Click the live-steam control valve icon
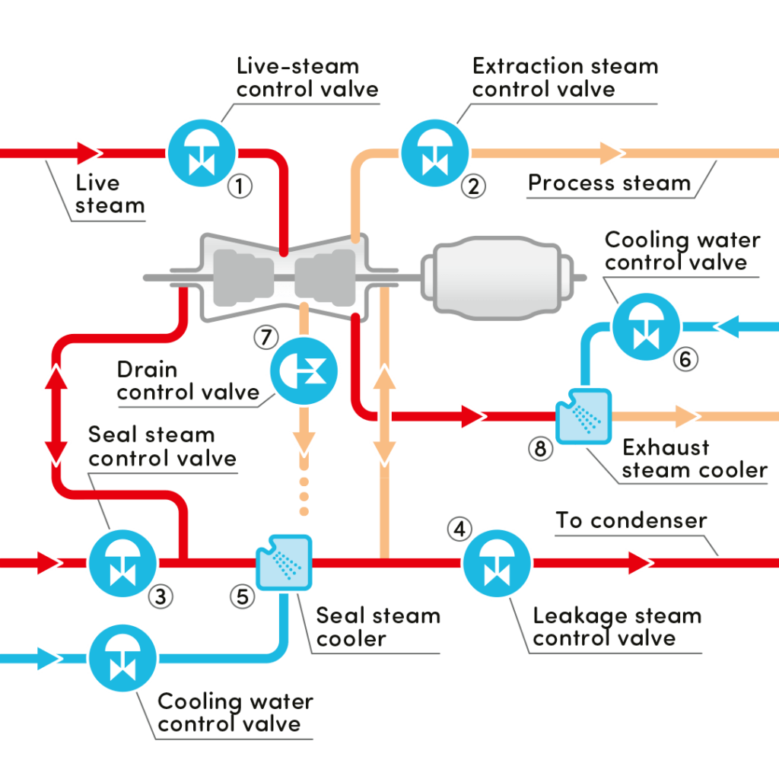[202, 153]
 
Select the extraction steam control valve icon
[434, 153]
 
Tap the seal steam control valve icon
[122, 564]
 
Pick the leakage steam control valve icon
[497, 564]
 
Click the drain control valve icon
[304, 371]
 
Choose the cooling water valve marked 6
[647, 327]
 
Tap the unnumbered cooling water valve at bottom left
[122, 658]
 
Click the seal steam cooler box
[285, 562]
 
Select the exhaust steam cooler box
[583, 416]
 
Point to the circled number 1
[240, 186]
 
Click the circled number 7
[266, 337]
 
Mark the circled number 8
[541, 449]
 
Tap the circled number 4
[460, 529]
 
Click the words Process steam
[609, 183]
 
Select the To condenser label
[631, 520]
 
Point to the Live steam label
[110, 194]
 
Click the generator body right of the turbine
[498, 278]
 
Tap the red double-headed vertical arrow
[56, 415]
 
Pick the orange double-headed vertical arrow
[384, 415]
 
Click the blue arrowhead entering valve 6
[727, 326]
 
